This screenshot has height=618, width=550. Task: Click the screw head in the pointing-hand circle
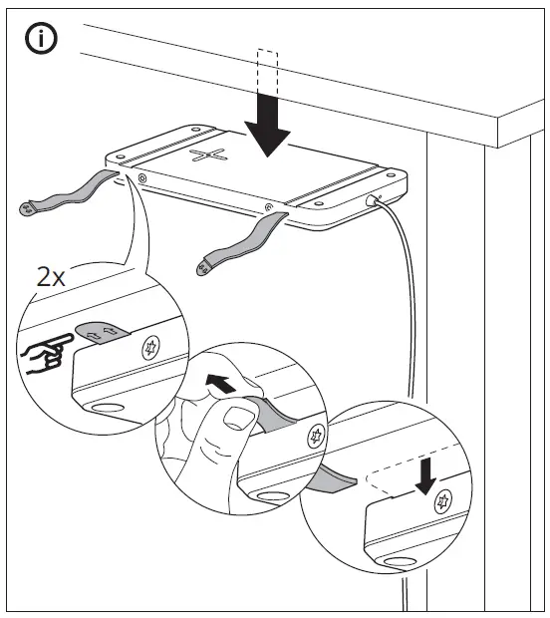point(152,351)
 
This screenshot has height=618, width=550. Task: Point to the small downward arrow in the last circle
point(425,476)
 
